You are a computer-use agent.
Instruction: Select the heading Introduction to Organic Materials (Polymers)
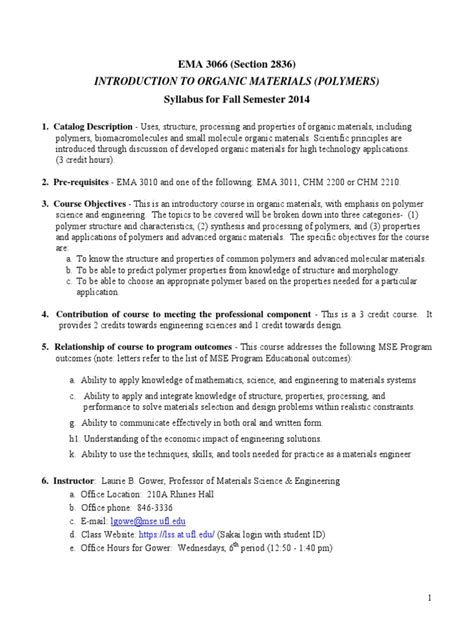237,81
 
